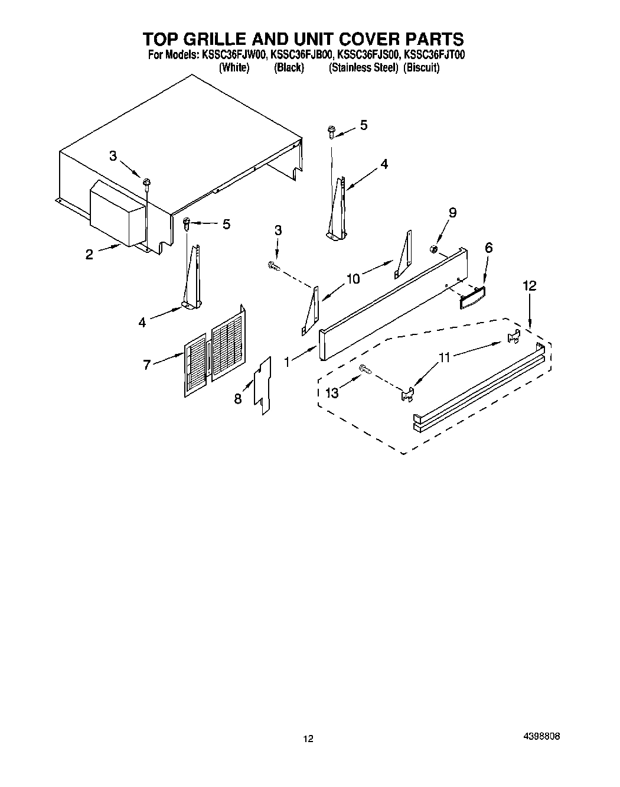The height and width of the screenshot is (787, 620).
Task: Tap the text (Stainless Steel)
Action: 363,67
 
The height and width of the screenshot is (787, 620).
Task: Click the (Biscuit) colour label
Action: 422,67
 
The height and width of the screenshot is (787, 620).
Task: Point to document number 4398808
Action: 541,737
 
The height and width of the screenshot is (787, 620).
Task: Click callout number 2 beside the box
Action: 89,255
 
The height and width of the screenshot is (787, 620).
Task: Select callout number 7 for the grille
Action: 147,365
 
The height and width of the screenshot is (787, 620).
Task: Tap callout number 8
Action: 237,399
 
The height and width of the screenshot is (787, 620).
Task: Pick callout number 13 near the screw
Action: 332,392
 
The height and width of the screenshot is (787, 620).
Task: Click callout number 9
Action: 452,213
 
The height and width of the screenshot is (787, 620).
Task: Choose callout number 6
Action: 488,249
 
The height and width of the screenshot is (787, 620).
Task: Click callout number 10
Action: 353,279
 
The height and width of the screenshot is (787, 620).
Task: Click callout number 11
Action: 444,357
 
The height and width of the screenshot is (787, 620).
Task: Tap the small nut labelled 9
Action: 433,248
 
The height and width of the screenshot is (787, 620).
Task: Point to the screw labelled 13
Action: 364,369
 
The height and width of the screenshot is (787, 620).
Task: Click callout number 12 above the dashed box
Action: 529,286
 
